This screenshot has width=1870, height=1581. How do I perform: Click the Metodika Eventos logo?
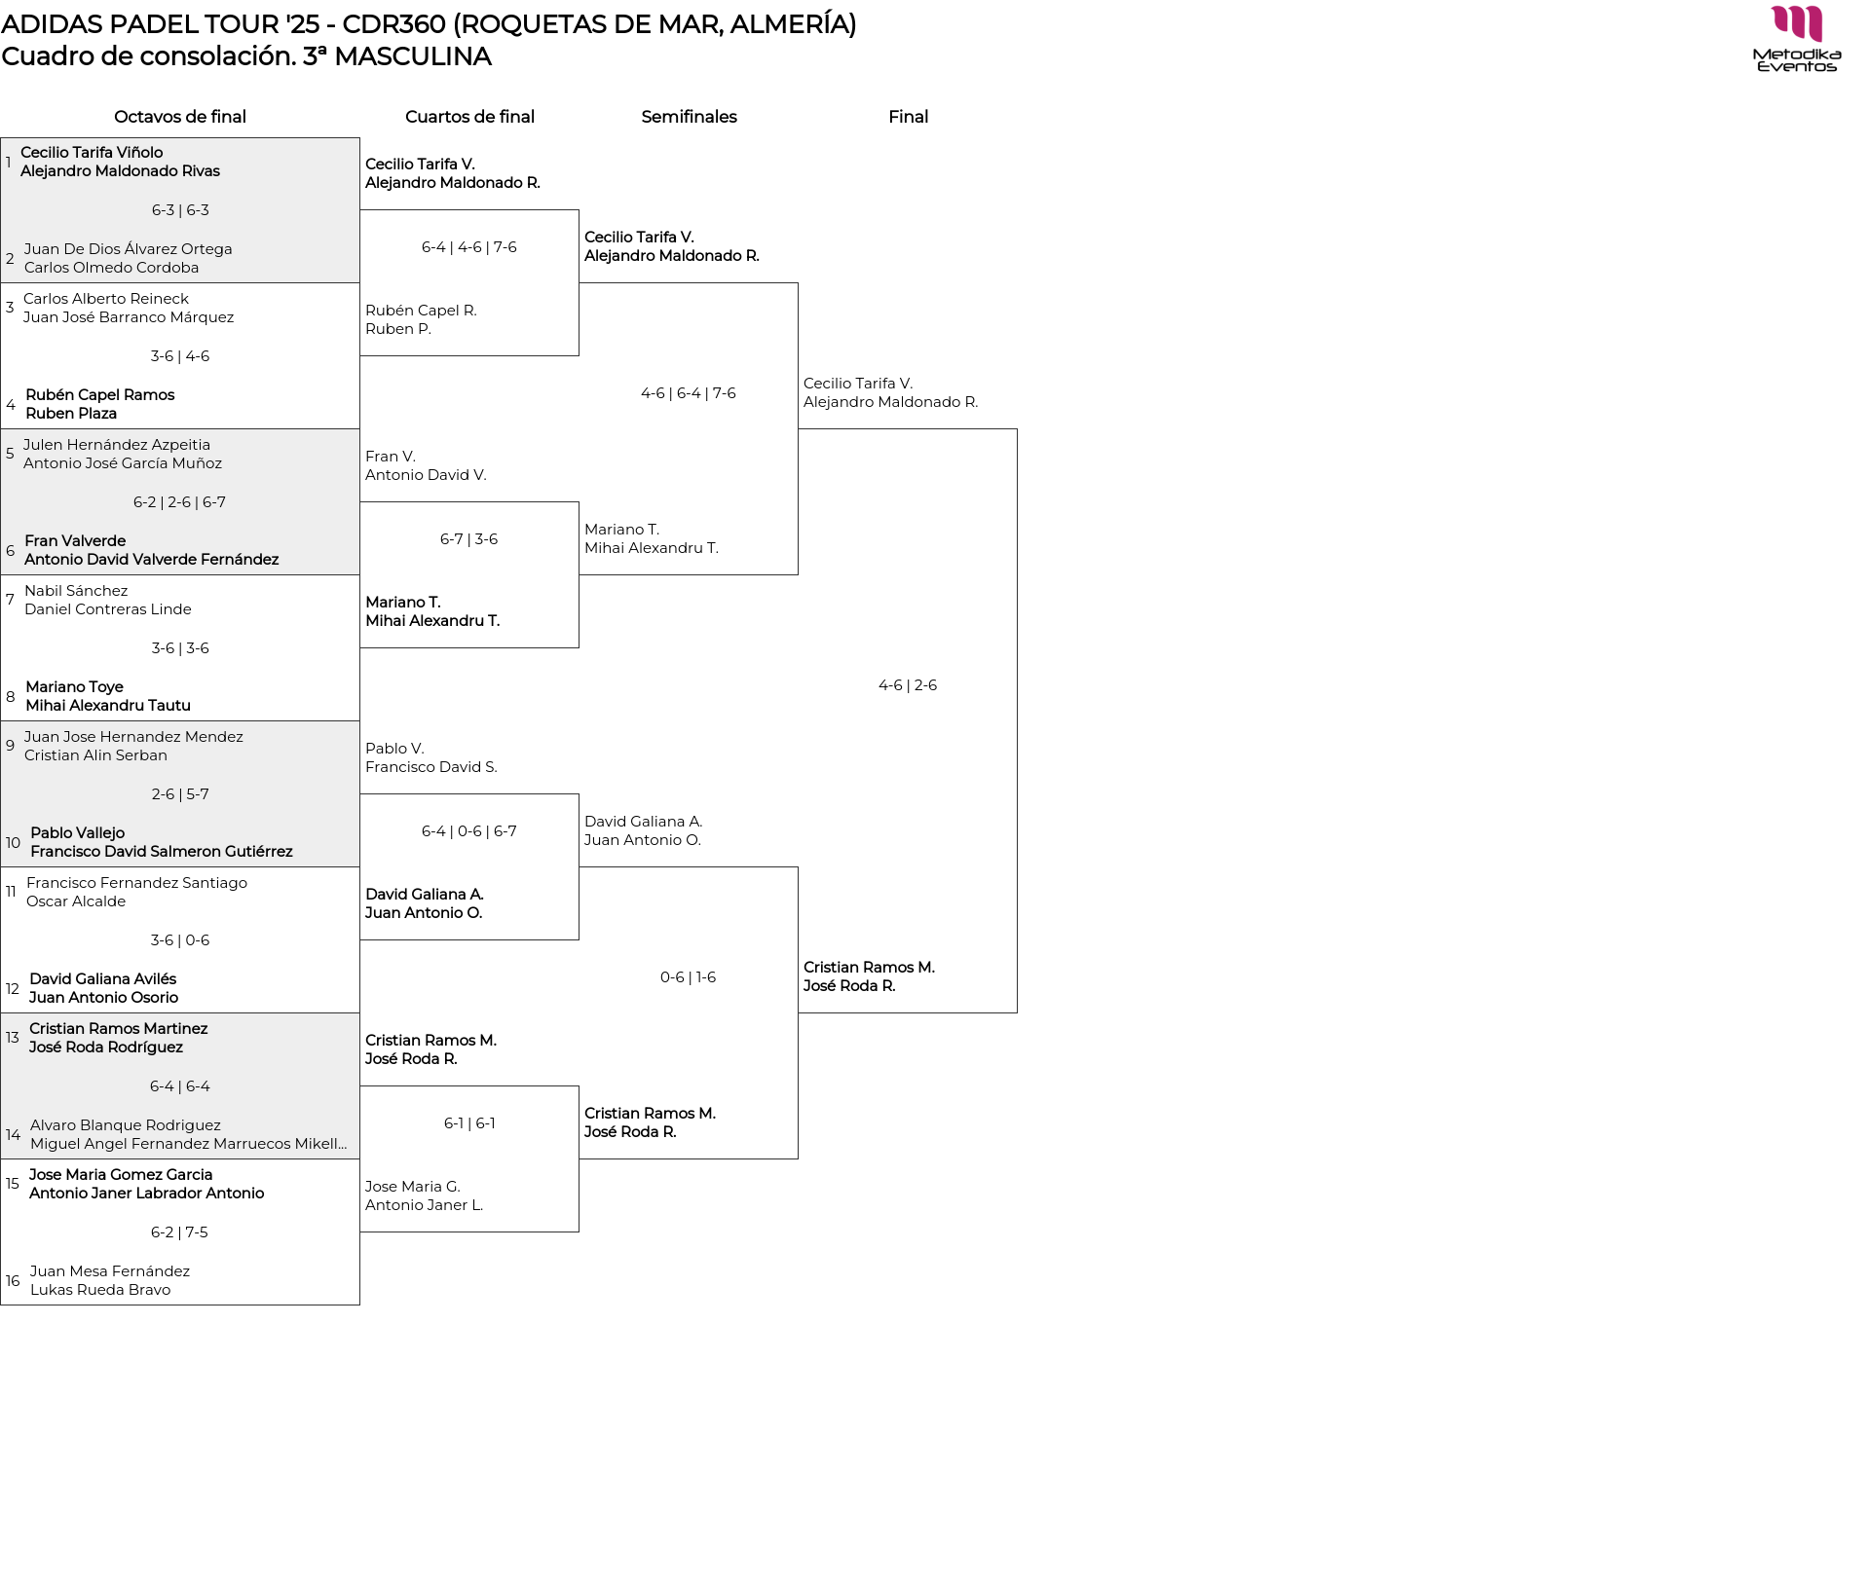1796,39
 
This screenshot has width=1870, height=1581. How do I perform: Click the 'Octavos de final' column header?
180,117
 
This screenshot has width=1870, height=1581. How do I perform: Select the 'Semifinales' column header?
689,117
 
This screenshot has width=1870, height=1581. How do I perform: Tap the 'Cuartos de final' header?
469,117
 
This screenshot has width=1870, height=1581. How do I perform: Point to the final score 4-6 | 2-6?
908,685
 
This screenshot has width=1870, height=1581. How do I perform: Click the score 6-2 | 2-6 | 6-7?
179,502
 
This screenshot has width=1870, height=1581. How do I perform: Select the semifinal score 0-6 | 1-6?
688,977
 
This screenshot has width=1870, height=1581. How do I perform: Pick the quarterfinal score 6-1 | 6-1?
469,1123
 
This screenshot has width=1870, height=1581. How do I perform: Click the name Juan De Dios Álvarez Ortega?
129,249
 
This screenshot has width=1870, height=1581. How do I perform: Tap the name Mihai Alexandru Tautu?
108,706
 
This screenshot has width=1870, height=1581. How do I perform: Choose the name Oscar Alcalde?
76,901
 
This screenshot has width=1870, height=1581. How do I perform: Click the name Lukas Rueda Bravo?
100,1290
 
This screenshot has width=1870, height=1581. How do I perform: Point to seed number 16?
13,1281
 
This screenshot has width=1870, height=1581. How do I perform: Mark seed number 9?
11,746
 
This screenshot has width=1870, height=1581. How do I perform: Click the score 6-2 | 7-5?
179,1232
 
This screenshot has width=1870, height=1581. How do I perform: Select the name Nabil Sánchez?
76,591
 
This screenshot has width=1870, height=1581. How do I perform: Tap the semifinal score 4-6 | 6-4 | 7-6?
689,393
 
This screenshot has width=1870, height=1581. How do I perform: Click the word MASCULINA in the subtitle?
412,56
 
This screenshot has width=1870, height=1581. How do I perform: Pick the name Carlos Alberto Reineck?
106,299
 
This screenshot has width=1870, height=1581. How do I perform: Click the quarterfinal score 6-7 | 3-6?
468,539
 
